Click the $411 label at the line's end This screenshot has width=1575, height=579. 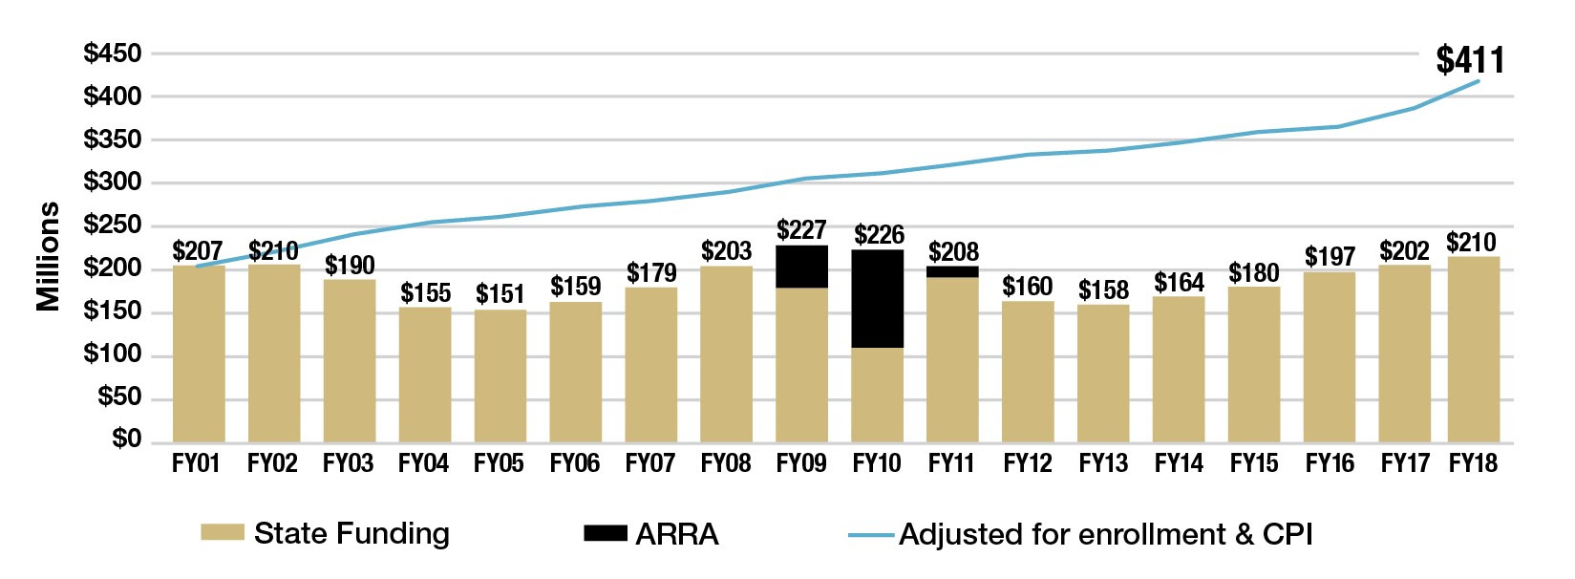pos(1470,60)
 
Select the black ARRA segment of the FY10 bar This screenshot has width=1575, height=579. pos(877,298)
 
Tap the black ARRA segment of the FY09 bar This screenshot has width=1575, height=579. pos(801,267)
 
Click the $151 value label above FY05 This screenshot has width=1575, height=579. pos(500,294)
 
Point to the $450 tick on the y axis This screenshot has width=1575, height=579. pos(113,54)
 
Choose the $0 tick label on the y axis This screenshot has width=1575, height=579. pos(126,439)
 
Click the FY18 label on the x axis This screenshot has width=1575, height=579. pos(1473,463)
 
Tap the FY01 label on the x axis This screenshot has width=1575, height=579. pos(196,463)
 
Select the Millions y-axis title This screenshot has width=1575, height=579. pos(48,257)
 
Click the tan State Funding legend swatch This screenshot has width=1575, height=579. pos(223,533)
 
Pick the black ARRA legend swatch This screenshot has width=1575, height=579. pos(606,533)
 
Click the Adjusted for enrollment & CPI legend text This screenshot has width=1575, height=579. pos(1105,534)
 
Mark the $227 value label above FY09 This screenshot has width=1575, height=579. pos(801,230)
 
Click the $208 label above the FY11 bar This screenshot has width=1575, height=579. pos(953,252)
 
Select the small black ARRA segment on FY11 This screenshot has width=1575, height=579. pos(952,272)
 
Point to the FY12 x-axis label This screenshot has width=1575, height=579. pos(1028,463)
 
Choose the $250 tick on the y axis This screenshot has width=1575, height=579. pos(113,225)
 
